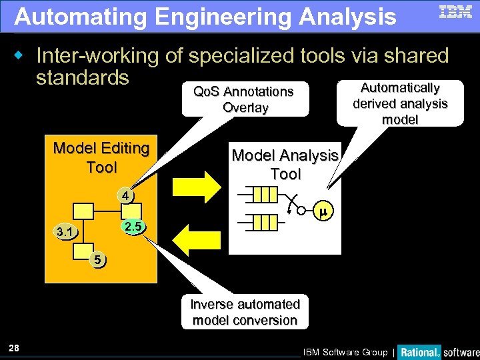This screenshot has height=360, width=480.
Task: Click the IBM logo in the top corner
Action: pyautogui.click(x=455, y=12)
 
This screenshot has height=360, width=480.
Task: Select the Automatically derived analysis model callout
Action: pyautogui.click(x=399, y=103)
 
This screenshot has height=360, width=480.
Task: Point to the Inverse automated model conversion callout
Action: pyautogui.click(x=245, y=312)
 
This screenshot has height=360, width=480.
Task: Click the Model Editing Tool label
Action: pyautogui.click(x=101, y=157)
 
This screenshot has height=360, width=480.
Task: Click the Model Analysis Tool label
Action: pyautogui.click(x=285, y=165)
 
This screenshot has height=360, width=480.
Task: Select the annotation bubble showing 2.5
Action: pyautogui.click(x=133, y=227)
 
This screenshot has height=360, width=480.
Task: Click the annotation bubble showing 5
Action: pyautogui.click(x=97, y=259)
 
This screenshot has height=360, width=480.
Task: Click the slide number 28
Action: pyautogui.click(x=14, y=347)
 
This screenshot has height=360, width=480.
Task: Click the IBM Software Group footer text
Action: pyautogui.click(x=345, y=352)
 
